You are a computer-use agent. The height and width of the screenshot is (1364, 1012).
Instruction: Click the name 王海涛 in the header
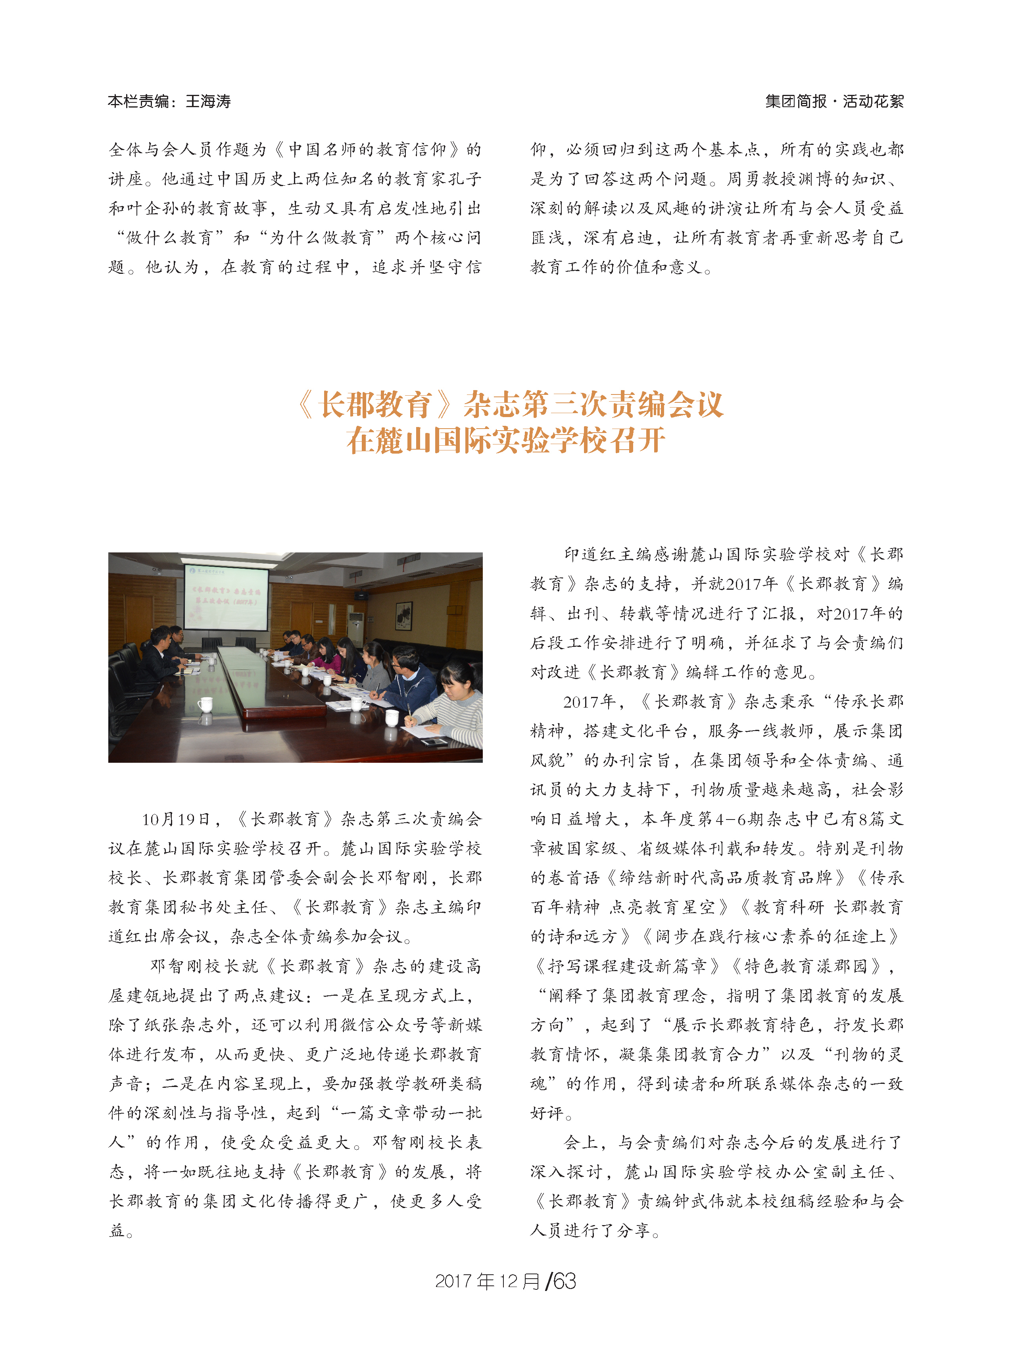click(x=208, y=101)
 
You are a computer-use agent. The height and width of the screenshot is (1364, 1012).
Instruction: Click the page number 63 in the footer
click(x=564, y=1281)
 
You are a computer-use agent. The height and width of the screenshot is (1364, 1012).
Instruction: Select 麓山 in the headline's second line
click(x=404, y=441)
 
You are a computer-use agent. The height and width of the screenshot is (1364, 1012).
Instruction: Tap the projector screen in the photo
click(x=226, y=597)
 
